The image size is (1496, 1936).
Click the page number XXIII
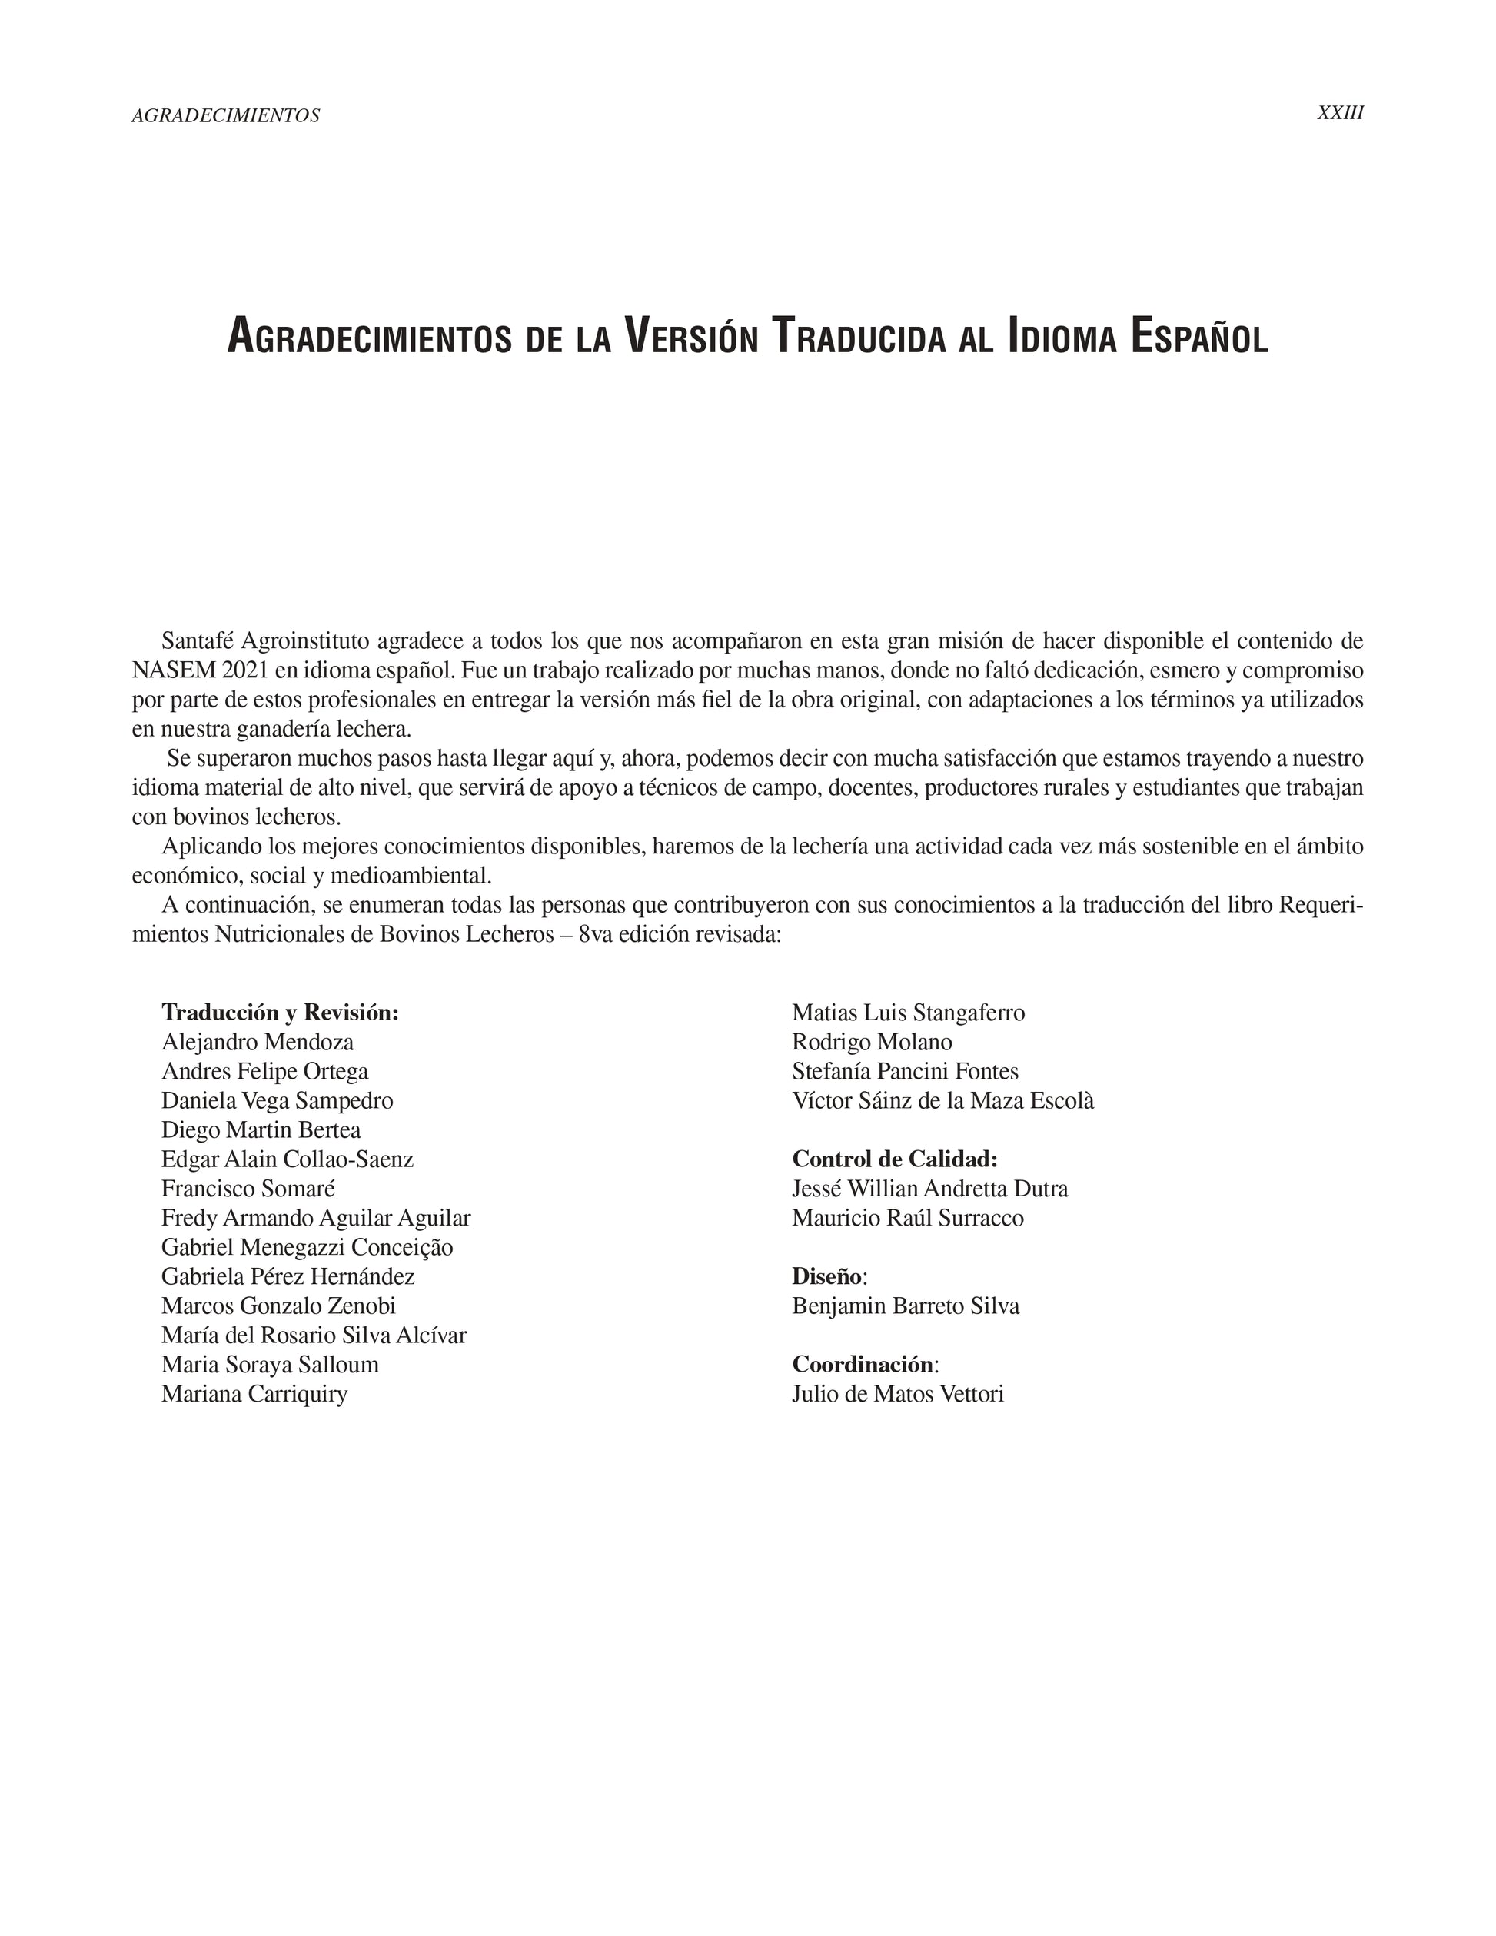(x=1340, y=114)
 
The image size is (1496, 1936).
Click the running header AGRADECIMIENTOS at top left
(x=225, y=115)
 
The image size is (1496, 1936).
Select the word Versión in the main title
(x=691, y=338)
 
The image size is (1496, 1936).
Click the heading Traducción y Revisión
(x=280, y=1013)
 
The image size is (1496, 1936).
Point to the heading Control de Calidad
(x=894, y=1159)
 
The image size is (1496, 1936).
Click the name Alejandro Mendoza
(x=257, y=1042)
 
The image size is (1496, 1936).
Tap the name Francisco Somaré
(x=248, y=1189)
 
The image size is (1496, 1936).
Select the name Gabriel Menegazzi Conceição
(x=307, y=1247)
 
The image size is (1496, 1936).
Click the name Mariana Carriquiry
(x=254, y=1393)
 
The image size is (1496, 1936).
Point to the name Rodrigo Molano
(x=872, y=1042)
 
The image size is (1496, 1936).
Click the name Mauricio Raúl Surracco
(x=908, y=1218)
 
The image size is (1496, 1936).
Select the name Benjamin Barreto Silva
(x=906, y=1306)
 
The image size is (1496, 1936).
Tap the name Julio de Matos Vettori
(x=898, y=1393)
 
